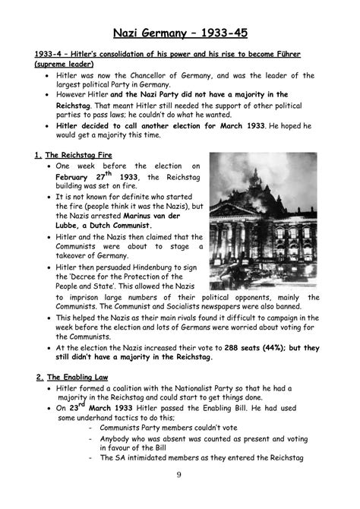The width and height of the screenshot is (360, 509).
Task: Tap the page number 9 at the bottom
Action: tap(180, 495)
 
